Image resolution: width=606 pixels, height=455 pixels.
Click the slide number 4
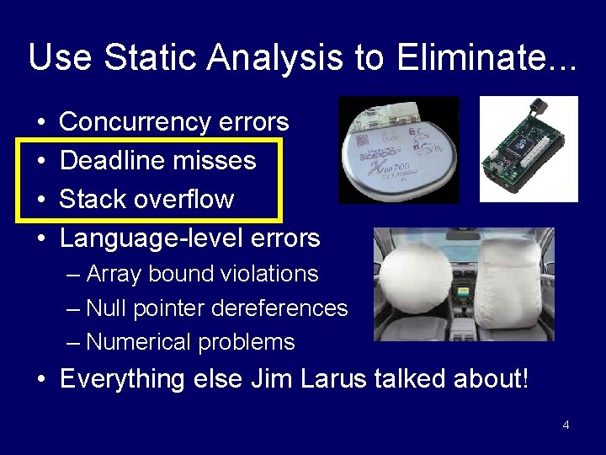566,425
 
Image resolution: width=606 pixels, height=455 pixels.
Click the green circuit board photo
528,150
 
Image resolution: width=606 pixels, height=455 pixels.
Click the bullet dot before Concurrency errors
41,123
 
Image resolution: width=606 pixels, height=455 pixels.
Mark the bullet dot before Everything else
41,380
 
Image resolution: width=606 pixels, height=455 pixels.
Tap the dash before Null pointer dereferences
74,308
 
